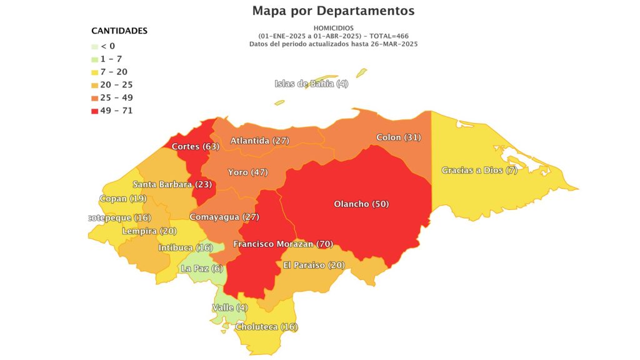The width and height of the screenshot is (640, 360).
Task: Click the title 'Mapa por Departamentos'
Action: (x=333, y=11)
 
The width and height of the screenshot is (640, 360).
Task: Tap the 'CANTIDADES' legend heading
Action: (x=119, y=31)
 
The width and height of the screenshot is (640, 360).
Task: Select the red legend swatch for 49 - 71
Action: (x=94, y=111)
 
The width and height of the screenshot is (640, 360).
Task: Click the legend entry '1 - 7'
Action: (x=111, y=59)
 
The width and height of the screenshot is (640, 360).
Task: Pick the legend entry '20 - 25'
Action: (x=116, y=85)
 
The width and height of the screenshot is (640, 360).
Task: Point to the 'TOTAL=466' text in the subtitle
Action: (x=389, y=36)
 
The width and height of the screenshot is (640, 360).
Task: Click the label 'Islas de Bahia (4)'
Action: (x=311, y=84)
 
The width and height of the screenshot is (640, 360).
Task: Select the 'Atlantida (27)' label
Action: (x=259, y=141)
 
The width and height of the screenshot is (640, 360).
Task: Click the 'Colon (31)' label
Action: (x=399, y=137)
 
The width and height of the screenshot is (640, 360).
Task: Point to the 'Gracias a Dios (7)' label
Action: (x=479, y=171)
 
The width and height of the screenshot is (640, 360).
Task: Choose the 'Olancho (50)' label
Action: (x=362, y=204)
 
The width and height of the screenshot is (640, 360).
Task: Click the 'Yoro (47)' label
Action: (x=247, y=172)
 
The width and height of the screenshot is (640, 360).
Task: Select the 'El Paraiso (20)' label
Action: (x=314, y=265)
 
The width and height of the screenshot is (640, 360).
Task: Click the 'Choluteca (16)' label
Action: (x=266, y=327)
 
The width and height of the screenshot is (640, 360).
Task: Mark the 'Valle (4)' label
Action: (x=230, y=307)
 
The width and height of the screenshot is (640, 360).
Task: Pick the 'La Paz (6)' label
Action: (x=201, y=269)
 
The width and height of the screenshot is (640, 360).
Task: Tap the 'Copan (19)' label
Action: (x=122, y=199)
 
